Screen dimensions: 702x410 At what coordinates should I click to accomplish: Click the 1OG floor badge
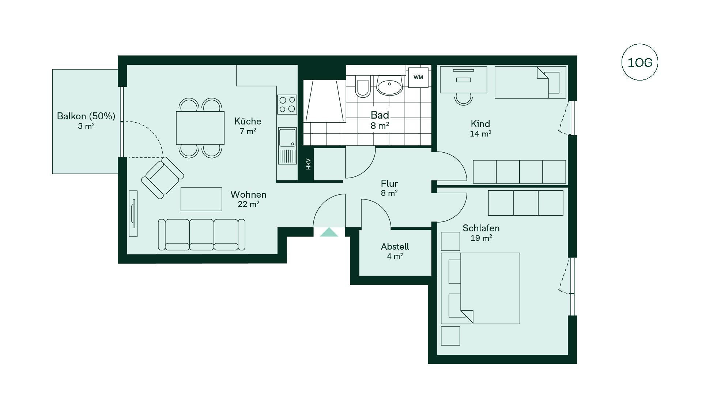pyautogui.click(x=639, y=63)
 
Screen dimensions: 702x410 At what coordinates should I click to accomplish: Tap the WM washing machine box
pyautogui.click(x=418, y=77)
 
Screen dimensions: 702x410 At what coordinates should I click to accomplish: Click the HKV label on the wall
pyautogui.click(x=308, y=164)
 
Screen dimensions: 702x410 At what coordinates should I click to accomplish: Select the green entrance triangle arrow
pyautogui.click(x=329, y=232)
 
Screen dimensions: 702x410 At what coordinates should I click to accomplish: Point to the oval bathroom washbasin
pyautogui.click(x=389, y=86)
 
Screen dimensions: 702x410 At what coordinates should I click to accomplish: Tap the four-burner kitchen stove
pyautogui.click(x=287, y=104)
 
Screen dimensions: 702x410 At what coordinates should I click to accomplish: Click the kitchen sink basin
pyautogui.click(x=287, y=138)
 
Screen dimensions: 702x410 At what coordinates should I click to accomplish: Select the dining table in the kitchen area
pyautogui.click(x=200, y=128)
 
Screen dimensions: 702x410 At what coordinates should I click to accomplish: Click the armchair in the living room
pyautogui.click(x=163, y=178)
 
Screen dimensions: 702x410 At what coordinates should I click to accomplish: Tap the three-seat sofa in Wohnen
pyautogui.click(x=201, y=235)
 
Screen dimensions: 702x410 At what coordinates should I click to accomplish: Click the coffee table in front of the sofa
pyautogui.click(x=201, y=199)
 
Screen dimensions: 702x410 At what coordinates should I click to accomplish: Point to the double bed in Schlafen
pyautogui.click(x=480, y=288)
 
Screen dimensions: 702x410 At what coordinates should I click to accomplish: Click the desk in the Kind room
pyautogui.click(x=463, y=79)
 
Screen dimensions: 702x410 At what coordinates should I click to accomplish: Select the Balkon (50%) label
pyautogui.click(x=86, y=116)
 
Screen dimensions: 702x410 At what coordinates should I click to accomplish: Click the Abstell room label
pyautogui.click(x=395, y=246)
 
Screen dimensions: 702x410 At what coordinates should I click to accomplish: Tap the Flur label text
pyautogui.click(x=389, y=183)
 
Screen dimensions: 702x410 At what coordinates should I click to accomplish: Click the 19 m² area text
pyautogui.click(x=481, y=238)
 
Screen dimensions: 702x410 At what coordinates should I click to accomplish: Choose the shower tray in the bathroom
pyautogui.click(x=325, y=101)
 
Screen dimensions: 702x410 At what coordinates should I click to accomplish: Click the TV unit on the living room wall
pyautogui.click(x=133, y=213)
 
